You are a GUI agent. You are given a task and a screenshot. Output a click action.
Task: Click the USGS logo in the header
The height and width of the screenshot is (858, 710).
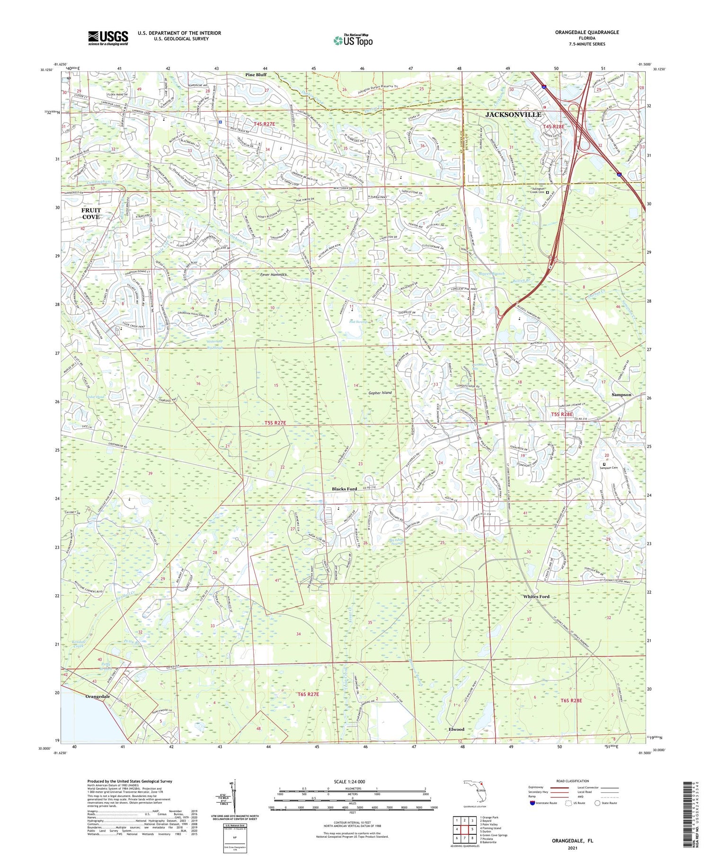click(x=108, y=38)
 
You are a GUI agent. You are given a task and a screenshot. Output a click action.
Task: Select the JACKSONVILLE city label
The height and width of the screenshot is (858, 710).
click(x=513, y=115)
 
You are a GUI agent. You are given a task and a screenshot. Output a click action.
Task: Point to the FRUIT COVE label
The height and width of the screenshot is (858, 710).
click(x=91, y=213)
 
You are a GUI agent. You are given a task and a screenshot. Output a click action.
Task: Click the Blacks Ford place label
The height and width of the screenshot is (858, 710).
click(x=344, y=489)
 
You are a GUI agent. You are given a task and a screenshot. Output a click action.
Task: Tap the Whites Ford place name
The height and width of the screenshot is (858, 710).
click(x=536, y=596)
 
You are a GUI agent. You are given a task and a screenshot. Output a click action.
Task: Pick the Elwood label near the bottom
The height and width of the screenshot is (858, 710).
click(x=456, y=729)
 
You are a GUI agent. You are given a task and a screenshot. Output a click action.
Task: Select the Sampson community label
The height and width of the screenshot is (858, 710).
click(x=621, y=394)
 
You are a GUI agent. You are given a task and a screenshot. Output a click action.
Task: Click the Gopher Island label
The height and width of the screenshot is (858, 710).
click(x=380, y=393)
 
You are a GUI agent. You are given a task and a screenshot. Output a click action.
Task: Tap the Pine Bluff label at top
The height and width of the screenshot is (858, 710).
click(x=256, y=75)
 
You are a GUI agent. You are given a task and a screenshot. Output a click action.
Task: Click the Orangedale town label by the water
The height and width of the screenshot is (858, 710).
click(x=98, y=697)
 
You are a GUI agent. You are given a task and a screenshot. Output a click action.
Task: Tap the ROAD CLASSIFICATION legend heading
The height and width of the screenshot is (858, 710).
click(x=573, y=781)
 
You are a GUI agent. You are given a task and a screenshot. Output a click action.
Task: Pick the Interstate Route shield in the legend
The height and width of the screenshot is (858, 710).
click(x=532, y=803)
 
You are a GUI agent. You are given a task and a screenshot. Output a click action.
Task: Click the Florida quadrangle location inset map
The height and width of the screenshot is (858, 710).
click(x=475, y=791)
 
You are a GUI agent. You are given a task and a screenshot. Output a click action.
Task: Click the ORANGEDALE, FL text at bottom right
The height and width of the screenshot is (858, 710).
click(x=572, y=841)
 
